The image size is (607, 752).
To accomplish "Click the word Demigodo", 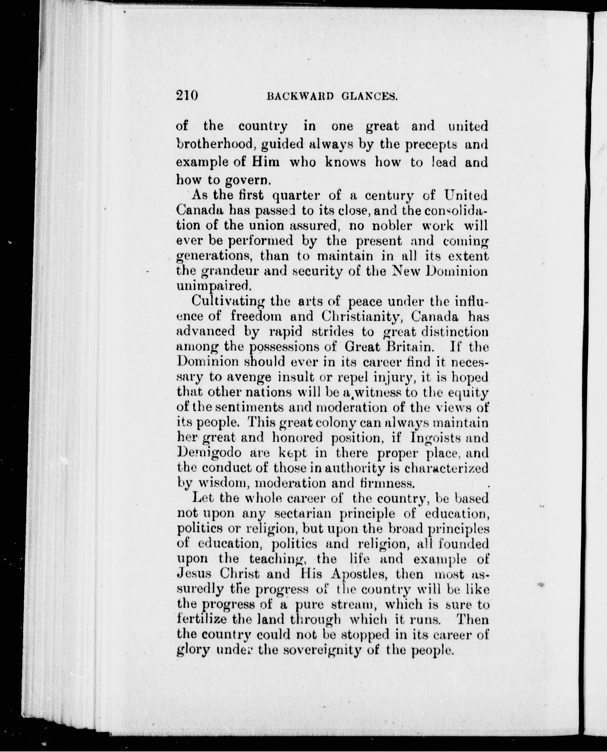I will point(209,453).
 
